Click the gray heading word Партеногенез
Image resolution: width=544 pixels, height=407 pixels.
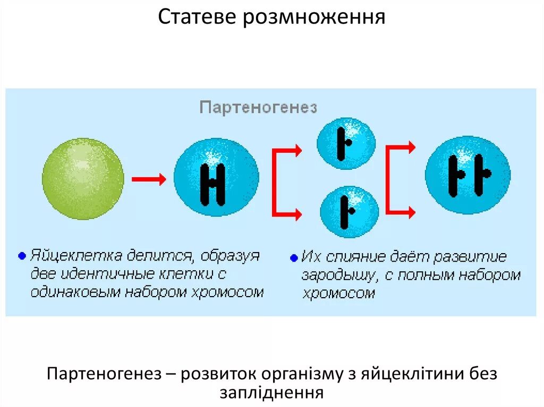pyautogui.click(x=258, y=108)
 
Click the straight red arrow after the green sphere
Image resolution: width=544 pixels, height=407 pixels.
pyautogui.click(x=149, y=179)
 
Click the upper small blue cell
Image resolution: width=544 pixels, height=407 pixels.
pyautogui.click(x=346, y=143)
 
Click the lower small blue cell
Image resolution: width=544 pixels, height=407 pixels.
pyautogui.click(x=349, y=211)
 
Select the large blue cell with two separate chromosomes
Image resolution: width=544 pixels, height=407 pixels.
pyautogui.click(x=467, y=175)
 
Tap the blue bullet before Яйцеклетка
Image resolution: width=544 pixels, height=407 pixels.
pyautogui.click(x=21, y=256)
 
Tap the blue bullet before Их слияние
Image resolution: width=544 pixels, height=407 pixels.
pyautogui.click(x=294, y=259)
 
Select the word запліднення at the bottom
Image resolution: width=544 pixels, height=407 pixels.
pyautogui.click(x=271, y=392)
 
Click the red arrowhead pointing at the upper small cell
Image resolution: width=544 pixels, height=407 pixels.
pyautogui.click(x=297, y=151)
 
